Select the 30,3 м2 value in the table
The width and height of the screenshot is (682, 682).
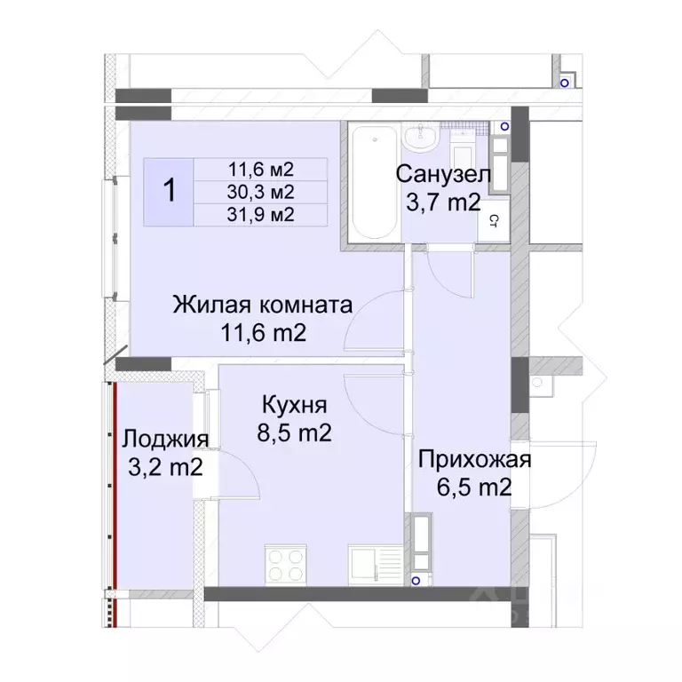[x=261, y=191]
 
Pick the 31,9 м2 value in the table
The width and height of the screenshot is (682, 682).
[x=261, y=213]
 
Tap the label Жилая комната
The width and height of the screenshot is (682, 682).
[x=263, y=305]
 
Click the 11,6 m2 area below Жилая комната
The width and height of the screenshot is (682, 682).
[x=263, y=335]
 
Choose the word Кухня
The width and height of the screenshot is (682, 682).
[x=295, y=406]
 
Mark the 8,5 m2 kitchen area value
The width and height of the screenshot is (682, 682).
[x=297, y=434]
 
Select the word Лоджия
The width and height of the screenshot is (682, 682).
[x=165, y=439]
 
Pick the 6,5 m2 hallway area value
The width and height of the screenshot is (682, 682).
[x=475, y=488]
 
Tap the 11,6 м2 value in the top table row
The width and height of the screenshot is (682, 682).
[x=261, y=169]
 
